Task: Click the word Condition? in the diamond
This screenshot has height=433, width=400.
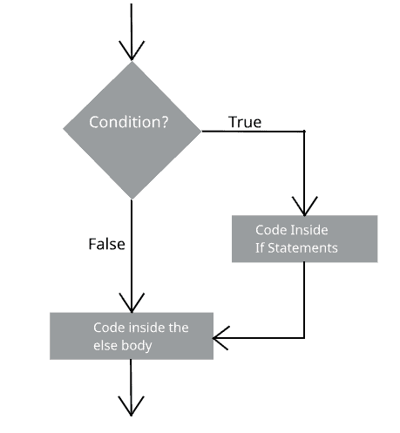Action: point(129,123)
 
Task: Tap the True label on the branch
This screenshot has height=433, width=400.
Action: point(245,122)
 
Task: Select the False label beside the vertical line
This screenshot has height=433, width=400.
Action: point(106,244)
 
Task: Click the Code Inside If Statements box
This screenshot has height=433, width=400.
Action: point(304,239)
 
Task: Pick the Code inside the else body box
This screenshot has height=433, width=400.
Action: point(132,335)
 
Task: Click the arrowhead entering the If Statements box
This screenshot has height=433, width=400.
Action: point(304,206)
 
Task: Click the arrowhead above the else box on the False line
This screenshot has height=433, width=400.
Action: point(131,301)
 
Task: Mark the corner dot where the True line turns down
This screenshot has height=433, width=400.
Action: point(304,132)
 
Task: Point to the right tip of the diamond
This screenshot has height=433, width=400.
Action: point(200,132)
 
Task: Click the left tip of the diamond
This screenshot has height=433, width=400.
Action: point(64,132)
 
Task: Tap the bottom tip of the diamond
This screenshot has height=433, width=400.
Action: point(132,200)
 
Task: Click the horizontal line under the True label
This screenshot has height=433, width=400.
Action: point(253,132)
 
